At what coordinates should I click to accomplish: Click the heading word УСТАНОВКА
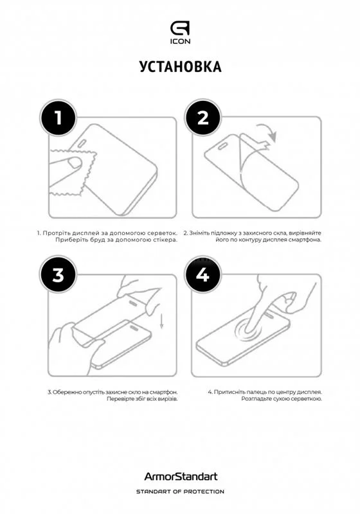pos(181,67)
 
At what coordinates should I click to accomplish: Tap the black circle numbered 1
pos(58,118)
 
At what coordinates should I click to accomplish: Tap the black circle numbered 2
pos(203,118)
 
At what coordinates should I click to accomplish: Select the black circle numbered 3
pos(58,275)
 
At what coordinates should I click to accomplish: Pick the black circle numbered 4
pos(203,275)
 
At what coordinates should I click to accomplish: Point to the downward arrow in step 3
pos(161,321)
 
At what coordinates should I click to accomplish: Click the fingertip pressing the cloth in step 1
pos(75,163)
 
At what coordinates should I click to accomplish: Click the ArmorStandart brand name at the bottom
pos(181,476)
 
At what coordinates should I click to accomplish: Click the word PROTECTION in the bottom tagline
pos(204,492)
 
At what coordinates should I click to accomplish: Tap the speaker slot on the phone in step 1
pos(83,142)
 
